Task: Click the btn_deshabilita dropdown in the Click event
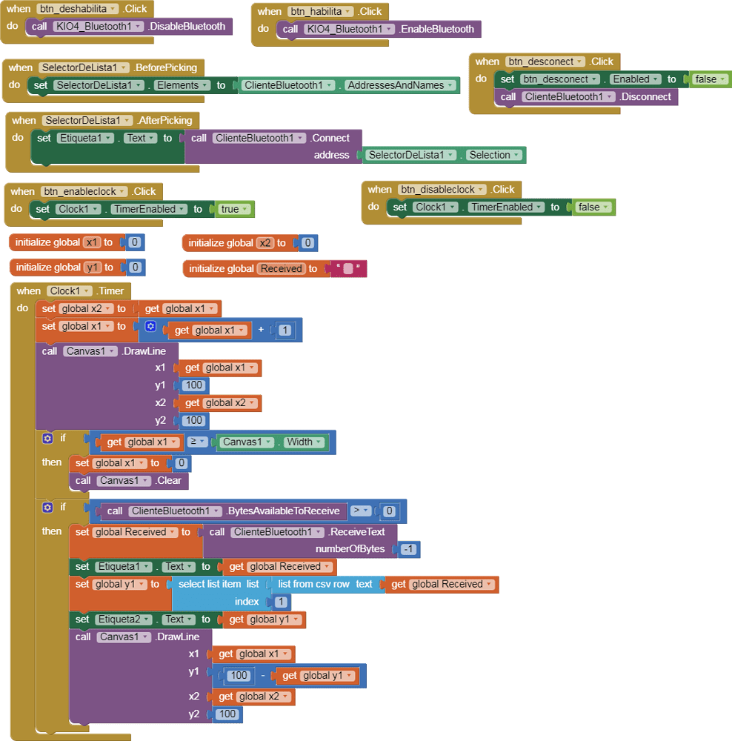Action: (x=77, y=9)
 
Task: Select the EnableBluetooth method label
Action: (x=436, y=29)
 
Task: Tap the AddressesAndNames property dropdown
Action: (x=399, y=85)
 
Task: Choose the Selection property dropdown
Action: (x=494, y=155)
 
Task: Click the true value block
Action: (x=234, y=209)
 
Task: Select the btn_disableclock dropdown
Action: (x=442, y=190)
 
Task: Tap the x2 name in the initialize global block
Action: (x=265, y=243)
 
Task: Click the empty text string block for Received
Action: (x=347, y=269)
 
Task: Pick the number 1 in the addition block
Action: (x=285, y=330)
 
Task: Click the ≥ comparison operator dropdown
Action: (x=197, y=442)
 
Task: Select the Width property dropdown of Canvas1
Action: (x=304, y=442)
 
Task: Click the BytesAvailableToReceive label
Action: (x=284, y=511)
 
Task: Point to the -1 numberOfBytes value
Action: (x=407, y=549)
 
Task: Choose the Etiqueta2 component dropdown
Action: (x=123, y=619)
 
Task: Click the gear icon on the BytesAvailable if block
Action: (x=48, y=508)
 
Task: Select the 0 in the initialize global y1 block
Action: (x=135, y=268)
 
